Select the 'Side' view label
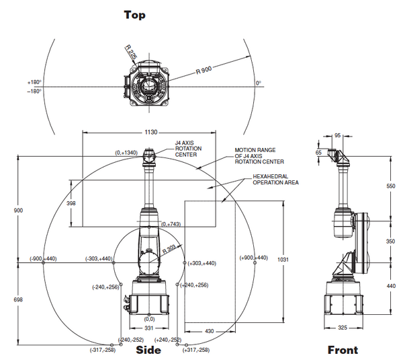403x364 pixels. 148,350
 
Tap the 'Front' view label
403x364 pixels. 343,350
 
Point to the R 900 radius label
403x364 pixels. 206,69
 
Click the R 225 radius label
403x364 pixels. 132,52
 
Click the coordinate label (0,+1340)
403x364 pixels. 126,153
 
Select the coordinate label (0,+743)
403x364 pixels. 171,223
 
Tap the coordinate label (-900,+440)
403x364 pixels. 44,258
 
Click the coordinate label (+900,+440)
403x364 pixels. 254,258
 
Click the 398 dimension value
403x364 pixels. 71,203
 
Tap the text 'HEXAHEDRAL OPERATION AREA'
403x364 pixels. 275,179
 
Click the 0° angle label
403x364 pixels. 259,83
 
